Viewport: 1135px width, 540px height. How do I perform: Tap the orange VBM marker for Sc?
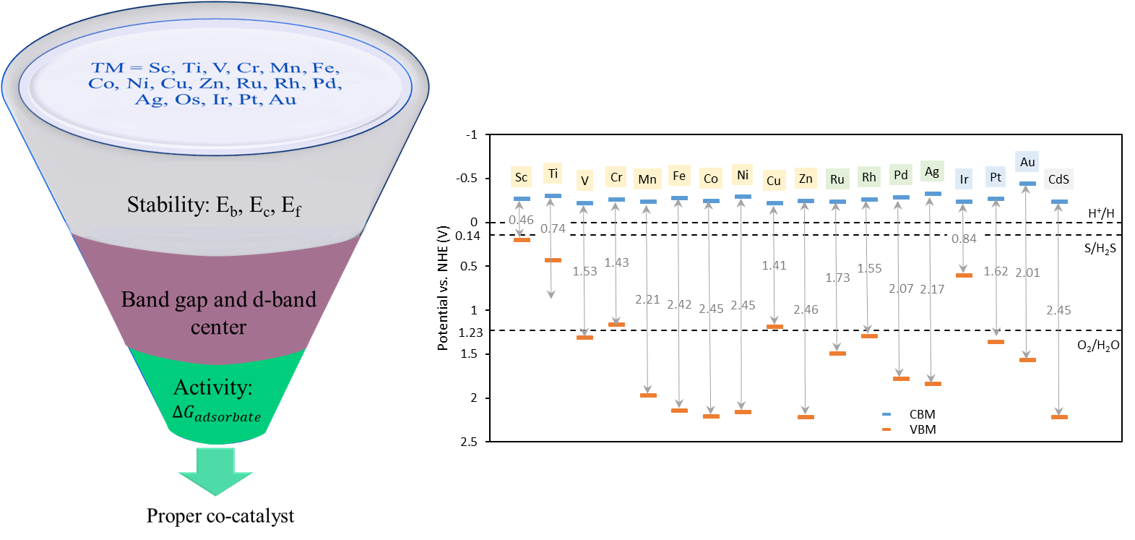coord(522,239)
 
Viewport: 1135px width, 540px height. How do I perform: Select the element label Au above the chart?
coord(1027,162)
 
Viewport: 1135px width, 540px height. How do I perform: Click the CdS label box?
coord(1058,179)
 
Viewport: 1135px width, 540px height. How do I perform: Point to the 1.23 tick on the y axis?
coord(470,333)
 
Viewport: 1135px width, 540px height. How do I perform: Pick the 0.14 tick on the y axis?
coord(467,236)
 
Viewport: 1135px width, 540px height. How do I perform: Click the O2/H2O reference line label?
coord(1098,346)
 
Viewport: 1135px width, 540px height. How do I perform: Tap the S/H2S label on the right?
coord(1100,249)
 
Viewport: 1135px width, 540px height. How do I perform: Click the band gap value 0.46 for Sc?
coord(521,220)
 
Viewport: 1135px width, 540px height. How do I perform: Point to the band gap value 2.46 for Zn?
coord(806,309)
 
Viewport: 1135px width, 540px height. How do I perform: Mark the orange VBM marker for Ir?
coord(964,275)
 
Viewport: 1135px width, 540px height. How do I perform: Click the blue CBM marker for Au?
coord(1027,184)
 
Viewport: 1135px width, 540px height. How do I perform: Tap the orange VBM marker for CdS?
coord(1059,417)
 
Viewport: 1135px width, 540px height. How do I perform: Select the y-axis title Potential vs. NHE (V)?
coord(443,288)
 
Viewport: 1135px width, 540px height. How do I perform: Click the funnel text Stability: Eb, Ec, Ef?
coord(214,205)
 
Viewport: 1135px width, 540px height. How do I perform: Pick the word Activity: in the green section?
coord(212,387)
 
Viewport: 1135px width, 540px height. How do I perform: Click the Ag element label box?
coord(932,171)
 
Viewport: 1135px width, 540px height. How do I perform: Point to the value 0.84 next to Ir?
coord(964,239)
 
